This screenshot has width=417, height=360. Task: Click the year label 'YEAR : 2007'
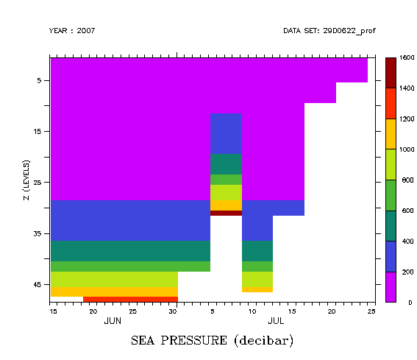coord(71,31)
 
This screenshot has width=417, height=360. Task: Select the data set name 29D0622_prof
coord(324,31)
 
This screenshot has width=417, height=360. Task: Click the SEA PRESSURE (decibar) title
coord(212,341)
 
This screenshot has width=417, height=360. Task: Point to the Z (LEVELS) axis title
coord(25,180)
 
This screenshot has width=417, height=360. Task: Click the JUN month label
coord(113,321)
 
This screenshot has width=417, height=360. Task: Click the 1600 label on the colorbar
coord(407,57)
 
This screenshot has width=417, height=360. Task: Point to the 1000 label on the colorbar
coord(407,149)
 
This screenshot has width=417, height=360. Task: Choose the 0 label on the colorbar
coord(401,303)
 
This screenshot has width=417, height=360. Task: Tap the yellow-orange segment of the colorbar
coord(391,134)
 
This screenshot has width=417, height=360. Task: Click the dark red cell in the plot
coord(226,213)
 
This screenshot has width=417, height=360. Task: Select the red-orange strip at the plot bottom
coord(130,299)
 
